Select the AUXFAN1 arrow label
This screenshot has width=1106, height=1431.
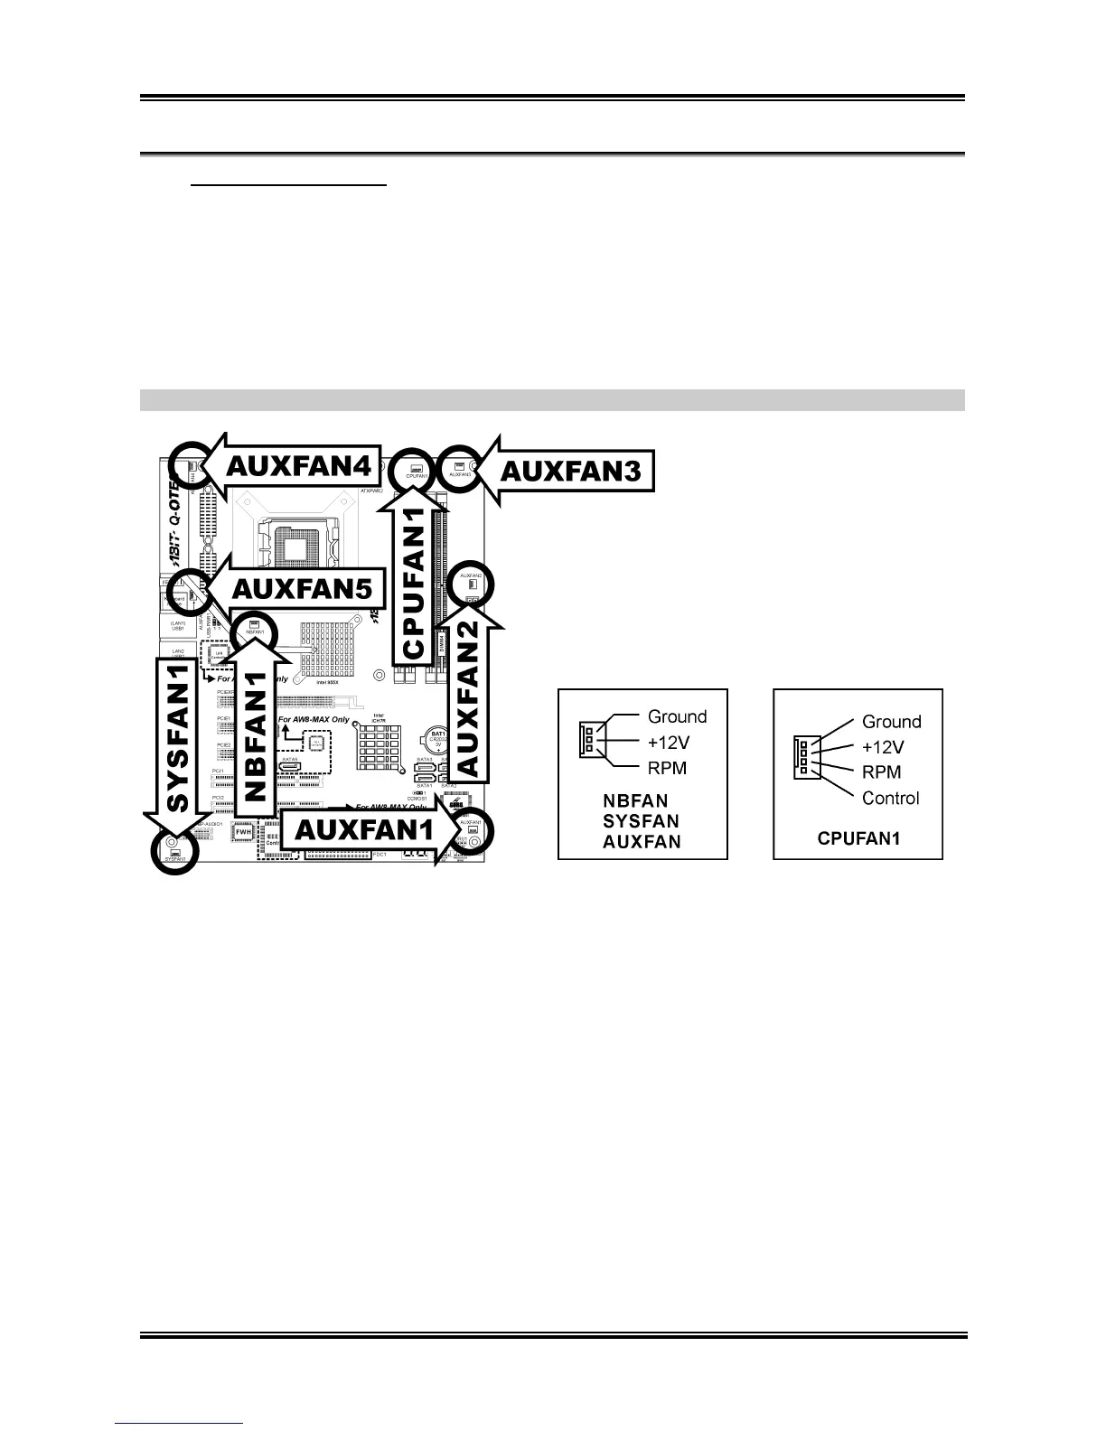click(366, 828)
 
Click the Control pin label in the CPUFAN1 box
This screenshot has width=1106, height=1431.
click(890, 798)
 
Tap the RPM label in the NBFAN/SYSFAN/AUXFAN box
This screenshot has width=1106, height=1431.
click(667, 768)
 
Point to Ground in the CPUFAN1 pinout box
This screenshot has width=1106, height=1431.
click(891, 721)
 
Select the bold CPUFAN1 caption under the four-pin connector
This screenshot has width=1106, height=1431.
click(858, 838)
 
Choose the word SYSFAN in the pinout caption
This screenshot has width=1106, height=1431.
click(641, 821)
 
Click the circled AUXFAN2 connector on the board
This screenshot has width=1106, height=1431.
click(471, 586)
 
